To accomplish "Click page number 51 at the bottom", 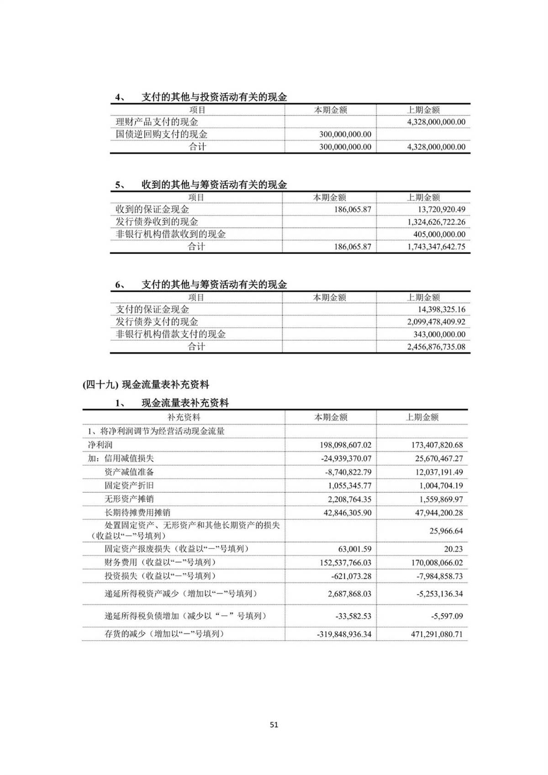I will (x=274, y=725).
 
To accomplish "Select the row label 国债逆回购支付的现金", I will (x=161, y=134).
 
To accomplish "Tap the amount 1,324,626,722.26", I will (x=436, y=222).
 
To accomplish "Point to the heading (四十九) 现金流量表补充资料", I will (x=146, y=385).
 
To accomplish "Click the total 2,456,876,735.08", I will (x=436, y=347).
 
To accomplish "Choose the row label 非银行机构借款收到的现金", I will (x=170, y=234).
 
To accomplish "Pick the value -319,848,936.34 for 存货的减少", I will (x=344, y=634).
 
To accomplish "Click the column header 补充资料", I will (x=184, y=417).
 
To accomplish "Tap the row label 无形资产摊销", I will (x=126, y=499).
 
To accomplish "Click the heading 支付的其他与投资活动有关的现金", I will (x=214, y=97).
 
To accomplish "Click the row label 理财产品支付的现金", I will (x=157, y=122).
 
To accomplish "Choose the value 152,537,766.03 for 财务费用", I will (x=345, y=563).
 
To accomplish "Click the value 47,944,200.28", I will (x=439, y=512).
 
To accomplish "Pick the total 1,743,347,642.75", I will (x=436, y=247).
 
